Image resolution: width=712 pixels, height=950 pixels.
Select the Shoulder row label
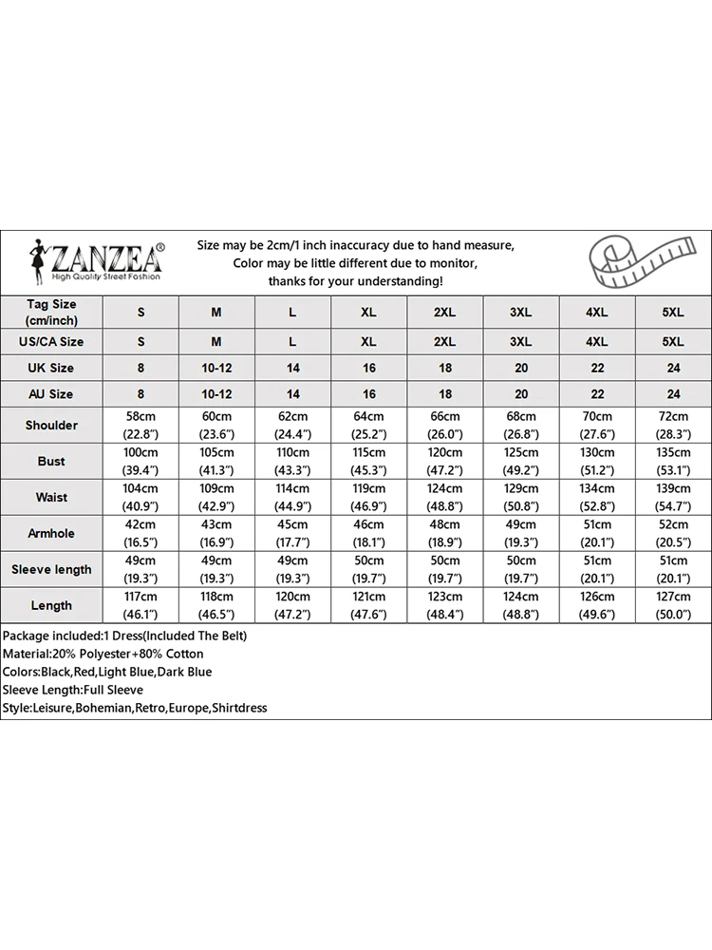click(51, 426)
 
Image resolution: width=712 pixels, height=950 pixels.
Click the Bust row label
click(51, 462)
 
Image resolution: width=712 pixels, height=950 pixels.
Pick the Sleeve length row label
click(51, 570)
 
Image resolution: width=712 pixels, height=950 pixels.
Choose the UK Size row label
click(51, 368)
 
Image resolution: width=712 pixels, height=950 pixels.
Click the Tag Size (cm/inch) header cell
click(51, 312)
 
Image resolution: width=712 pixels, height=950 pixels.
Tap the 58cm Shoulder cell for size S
click(141, 426)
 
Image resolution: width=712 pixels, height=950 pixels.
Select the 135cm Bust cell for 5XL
click(673, 462)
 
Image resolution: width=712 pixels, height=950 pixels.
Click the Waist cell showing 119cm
click(368, 498)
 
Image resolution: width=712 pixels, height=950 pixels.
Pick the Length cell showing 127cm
click(673, 606)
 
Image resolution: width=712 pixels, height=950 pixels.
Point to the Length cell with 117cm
click(141, 606)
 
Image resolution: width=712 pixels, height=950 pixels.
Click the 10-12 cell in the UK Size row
click(216, 368)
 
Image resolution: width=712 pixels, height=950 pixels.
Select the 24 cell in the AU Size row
click(673, 394)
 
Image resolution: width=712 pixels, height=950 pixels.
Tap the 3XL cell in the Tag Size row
click(521, 312)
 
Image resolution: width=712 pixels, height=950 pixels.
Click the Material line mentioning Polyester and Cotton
click(103, 654)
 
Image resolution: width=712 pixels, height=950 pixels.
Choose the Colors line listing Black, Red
click(107, 672)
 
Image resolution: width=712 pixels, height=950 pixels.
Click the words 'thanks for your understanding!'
click(355, 281)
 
